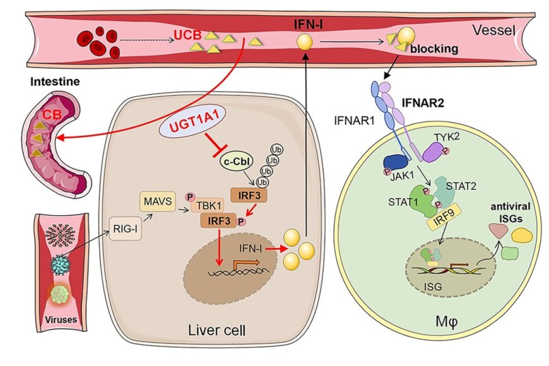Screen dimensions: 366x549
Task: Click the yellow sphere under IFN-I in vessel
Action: (x=305, y=42)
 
